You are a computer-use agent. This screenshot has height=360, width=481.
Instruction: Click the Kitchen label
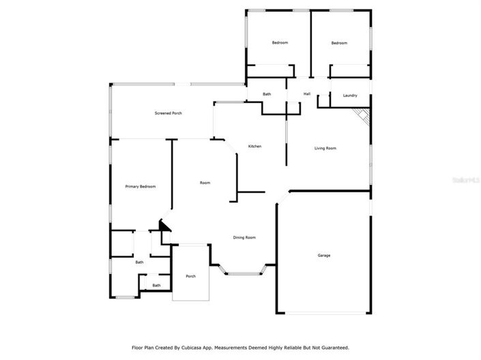(254, 147)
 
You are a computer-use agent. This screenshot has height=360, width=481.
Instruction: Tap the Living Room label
(325, 148)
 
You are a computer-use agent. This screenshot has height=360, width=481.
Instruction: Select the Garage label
(323, 256)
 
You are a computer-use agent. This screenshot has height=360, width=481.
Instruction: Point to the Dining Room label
(244, 237)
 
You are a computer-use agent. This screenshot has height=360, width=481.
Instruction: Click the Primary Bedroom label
(141, 186)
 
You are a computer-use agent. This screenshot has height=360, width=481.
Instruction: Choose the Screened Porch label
(168, 113)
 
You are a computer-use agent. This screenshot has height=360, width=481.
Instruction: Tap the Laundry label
(350, 95)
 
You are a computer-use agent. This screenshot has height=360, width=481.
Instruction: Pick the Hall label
(307, 94)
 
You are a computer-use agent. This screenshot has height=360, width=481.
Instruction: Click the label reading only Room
(205, 183)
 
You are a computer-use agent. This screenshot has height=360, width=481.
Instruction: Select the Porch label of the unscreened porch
(191, 276)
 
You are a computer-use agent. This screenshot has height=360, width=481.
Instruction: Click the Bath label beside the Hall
(267, 94)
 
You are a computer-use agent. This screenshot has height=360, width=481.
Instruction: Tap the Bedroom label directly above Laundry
(339, 43)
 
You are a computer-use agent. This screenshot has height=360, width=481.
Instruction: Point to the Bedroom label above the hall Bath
(280, 43)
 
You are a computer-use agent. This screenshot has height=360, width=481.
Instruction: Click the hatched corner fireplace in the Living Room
(364, 117)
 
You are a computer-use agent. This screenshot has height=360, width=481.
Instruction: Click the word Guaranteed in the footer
(333, 347)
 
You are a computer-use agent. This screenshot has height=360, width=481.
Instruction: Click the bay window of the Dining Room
(244, 273)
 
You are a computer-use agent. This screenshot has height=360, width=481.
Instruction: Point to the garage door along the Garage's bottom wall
(323, 314)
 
